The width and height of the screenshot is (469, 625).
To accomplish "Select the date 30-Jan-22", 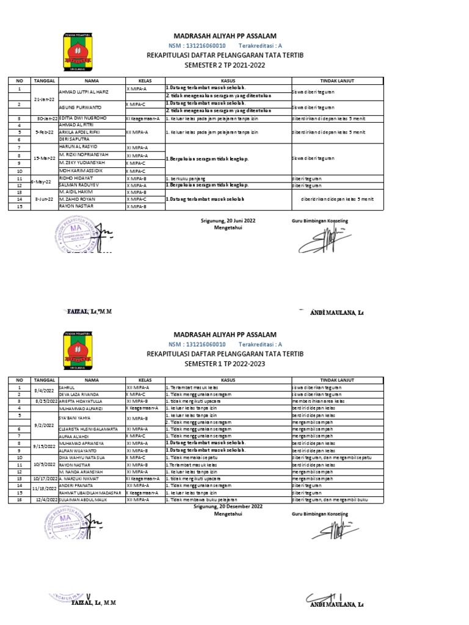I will [x=46, y=118].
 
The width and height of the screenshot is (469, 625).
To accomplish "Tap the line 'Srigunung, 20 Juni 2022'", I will [x=228, y=220].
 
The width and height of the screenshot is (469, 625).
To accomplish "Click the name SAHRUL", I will [x=67, y=387].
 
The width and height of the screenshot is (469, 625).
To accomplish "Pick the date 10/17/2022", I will [x=45, y=479].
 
